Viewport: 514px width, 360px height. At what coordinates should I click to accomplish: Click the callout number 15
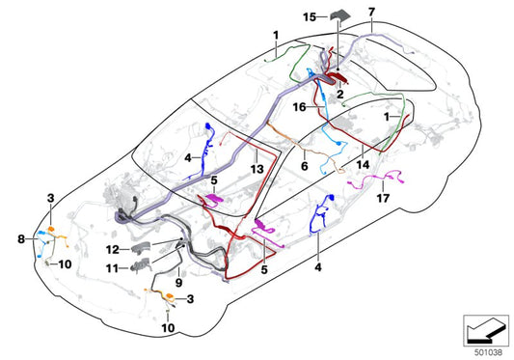pyautogui.click(x=310, y=16)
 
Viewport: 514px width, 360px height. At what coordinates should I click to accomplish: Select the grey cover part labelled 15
pyautogui.click(x=340, y=16)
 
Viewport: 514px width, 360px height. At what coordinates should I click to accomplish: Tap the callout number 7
pyautogui.click(x=371, y=12)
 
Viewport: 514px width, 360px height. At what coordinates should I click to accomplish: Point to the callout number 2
pyautogui.click(x=340, y=95)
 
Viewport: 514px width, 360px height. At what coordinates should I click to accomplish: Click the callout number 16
pyautogui.click(x=299, y=107)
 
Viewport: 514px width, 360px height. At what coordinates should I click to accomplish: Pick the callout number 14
pyautogui.click(x=363, y=164)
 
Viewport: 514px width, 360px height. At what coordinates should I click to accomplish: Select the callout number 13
pyautogui.click(x=257, y=169)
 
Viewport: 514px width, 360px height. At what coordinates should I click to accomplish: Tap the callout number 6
pyautogui.click(x=305, y=166)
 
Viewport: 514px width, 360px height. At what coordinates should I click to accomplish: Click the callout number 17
pyautogui.click(x=383, y=198)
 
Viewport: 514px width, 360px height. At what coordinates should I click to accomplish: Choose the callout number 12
pyautogui.click(x=113, y=250)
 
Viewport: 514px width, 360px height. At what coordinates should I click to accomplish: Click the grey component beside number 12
pyautogui.click(x=142, y=248)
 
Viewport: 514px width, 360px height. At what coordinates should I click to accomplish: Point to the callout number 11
pyautogui.click(x=112, y=268)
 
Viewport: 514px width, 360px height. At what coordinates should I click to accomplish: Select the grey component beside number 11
pyautogui.click(x=142, y=264)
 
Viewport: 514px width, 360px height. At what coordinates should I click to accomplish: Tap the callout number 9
pyautogui.click(x=178, y=282)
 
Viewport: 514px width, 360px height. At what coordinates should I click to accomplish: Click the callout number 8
pyautogui.click(x=21, y=239)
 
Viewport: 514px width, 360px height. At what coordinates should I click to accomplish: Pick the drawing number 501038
pyautogui.click(x=488, y=352)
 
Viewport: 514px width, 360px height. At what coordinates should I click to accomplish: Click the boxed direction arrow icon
pyautogui.click(x=486, y=331)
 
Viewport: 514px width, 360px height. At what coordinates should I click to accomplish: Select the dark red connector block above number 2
pyautogui.click(x=337, y=78)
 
